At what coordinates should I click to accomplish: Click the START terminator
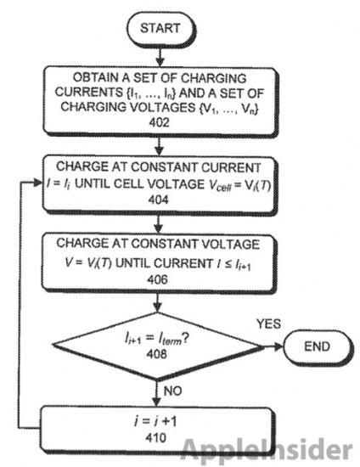160,29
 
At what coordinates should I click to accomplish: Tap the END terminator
318,346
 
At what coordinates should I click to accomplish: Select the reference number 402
160,122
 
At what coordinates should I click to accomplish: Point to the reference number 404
158,200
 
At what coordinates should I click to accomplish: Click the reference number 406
158,279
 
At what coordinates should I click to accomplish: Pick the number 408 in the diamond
156,354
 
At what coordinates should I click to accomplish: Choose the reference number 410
156,437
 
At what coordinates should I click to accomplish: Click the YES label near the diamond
268,324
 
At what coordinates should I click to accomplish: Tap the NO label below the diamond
172,391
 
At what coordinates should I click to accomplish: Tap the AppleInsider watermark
267,451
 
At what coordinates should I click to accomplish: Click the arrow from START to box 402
160,57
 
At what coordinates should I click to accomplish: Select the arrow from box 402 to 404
160,146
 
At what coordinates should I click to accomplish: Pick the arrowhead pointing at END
278,346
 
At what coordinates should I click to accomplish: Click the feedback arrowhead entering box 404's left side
38,183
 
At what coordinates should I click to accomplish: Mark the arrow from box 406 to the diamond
158,302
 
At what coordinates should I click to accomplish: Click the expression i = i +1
155,421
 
